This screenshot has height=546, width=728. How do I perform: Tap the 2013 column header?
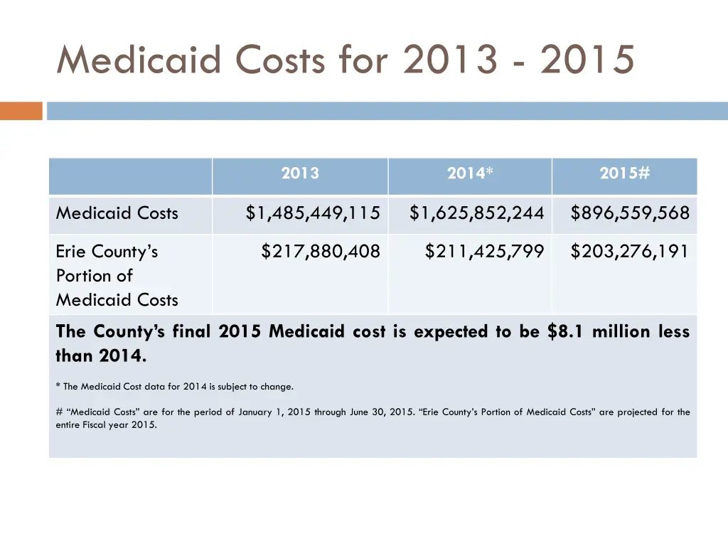[300, 173]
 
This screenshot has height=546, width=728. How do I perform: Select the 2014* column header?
[469, 173]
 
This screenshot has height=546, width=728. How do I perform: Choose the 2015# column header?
[624, 173]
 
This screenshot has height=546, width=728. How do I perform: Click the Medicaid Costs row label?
[117, 213]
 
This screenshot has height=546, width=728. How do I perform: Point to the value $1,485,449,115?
[313, 213]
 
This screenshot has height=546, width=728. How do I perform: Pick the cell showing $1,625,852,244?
[476, 213]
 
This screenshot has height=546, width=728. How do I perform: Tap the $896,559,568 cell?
[630, 213]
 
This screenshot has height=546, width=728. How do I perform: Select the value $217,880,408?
[321, 252]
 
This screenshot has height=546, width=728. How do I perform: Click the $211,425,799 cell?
[484, 252]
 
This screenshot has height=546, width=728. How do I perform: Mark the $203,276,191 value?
[630, 252]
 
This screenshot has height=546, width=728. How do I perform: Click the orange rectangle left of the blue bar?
[21, 111]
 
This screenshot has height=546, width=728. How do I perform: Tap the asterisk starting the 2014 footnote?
[58, 387]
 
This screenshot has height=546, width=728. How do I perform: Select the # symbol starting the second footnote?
[59, 412]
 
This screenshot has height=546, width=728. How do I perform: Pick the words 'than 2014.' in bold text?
[101, 356]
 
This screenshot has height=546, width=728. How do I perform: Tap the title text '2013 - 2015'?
[518, 59]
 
